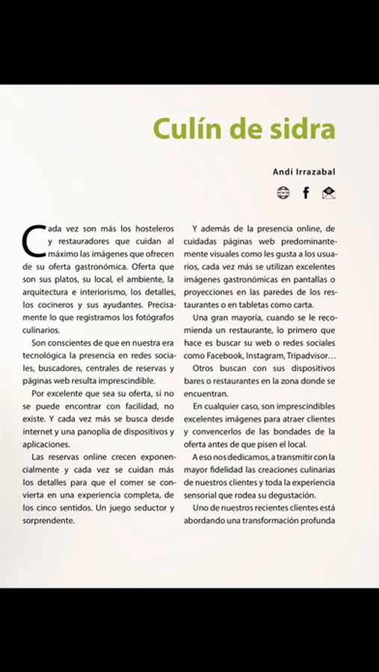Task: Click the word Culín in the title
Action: pyautogui.click(x=187, y=129)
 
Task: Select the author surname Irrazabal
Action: pyautogui.click(x=313, y=172)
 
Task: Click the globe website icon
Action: pyautogui.click(x=283, y=193)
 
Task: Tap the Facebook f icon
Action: pyautogui.click(x=306, y=193)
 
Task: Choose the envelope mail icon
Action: pyautogui.click(x=329, y=193)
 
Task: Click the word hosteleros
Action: pyautogui.click(x=152, y=228)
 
